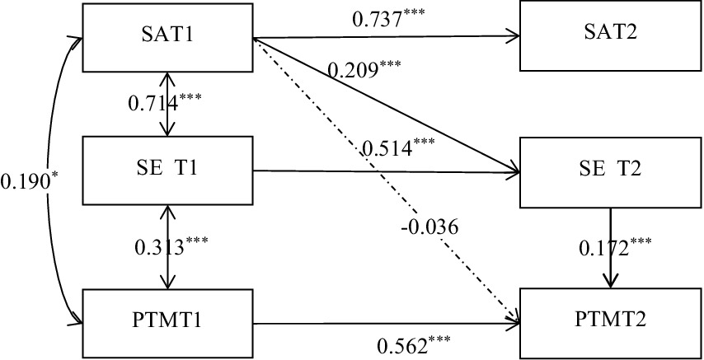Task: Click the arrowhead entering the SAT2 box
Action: (x=515, y=36)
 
